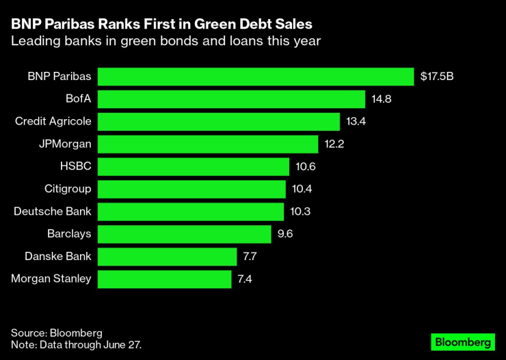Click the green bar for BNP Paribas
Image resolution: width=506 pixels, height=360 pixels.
[256, 77]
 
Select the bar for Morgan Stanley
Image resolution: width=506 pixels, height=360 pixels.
[165, 279]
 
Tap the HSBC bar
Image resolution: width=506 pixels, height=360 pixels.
[194, 167]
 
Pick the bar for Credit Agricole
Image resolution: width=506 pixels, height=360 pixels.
[219, 122]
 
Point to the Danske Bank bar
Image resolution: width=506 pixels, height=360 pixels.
[168, 257]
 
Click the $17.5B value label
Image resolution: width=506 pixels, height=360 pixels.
[438, 77]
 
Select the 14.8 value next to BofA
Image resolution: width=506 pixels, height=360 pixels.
[382, 99]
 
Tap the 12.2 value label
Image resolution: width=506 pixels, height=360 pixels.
[334, 144]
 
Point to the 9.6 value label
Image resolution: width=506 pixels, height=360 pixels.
[286, 234]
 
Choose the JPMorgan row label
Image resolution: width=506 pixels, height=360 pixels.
[66, 144]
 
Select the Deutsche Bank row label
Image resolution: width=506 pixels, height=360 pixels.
[53, 211]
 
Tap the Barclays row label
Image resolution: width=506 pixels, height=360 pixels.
[69, 234]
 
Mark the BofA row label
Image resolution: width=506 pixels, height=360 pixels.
[77, 99]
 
